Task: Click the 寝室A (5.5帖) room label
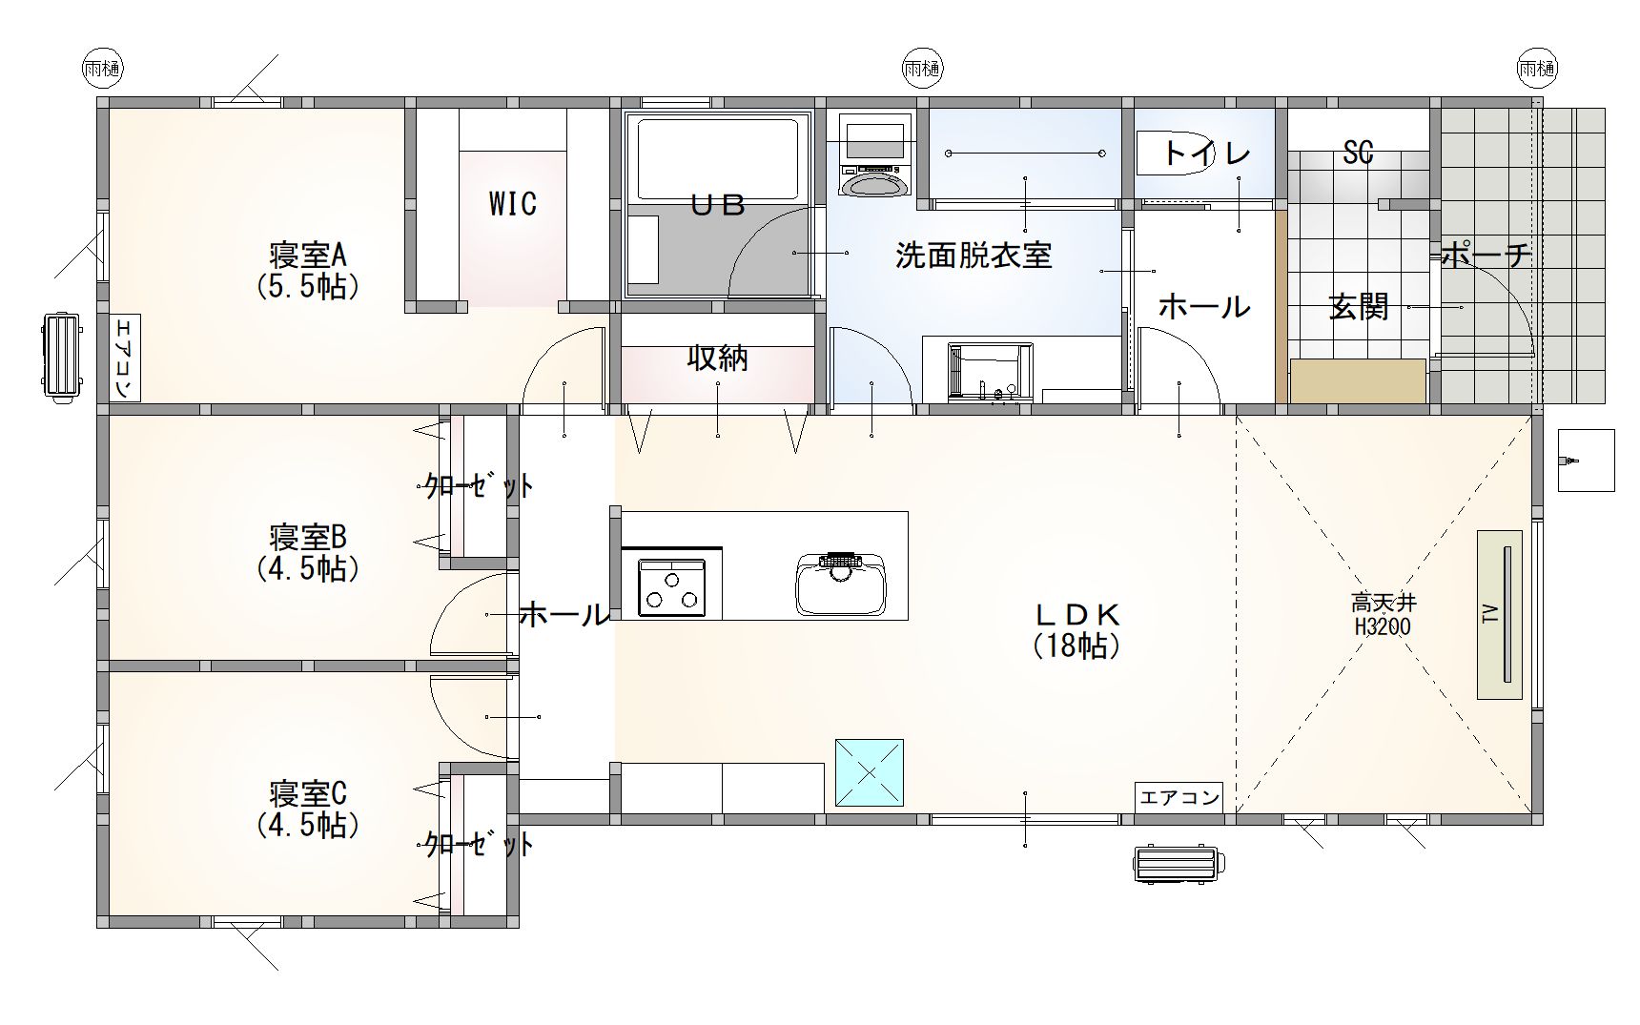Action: tap(307, 271)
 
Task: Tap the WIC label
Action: tap(512, 203)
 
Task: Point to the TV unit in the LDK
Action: tap(1500, 615)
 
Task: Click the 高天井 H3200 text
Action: tap(1383, 615)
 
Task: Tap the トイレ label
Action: tap(1206, 154)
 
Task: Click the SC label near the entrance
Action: tap(1358, 153)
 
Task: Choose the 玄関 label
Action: tap(1359, 307)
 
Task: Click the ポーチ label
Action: tap(1486, 255)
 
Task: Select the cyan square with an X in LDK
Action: tap(869, 772)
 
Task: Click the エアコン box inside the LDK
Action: tap(1179, 797)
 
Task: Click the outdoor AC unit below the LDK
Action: tap(1179, 864)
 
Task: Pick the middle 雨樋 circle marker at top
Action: tap(922, 68)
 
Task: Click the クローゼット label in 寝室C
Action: tap(479, 844)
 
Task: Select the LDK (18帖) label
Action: tap(1076, 629)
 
